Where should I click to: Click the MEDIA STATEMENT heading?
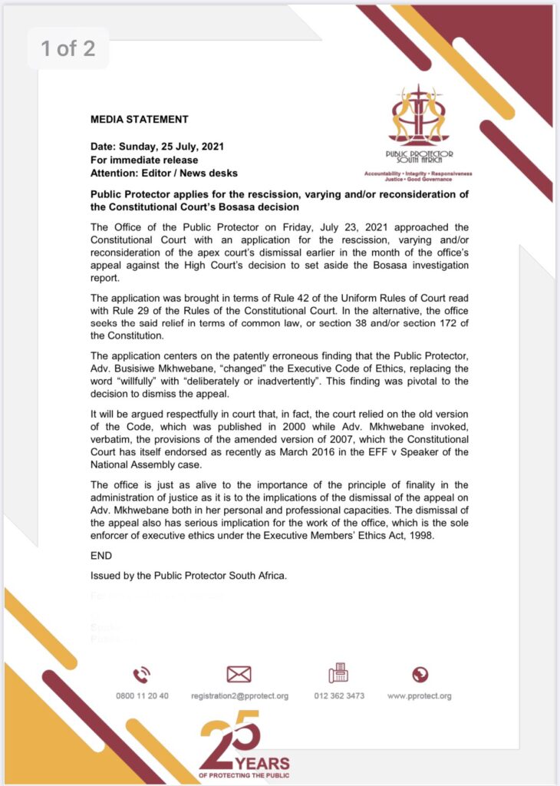[x=139, y=119]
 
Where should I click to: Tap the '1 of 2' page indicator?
[x=68, y=49]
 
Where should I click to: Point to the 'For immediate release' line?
[x=144, y=160]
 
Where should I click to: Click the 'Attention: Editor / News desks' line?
[x=164, y=173]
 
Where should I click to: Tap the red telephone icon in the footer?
[x=142, y=675]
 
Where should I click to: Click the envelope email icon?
[x=239, y=675]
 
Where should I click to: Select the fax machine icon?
[x=338, y=675]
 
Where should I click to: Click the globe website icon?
[x=420, y=675]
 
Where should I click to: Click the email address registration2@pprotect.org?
[x=240, y=696]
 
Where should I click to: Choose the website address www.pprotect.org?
[x=419, y=696]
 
